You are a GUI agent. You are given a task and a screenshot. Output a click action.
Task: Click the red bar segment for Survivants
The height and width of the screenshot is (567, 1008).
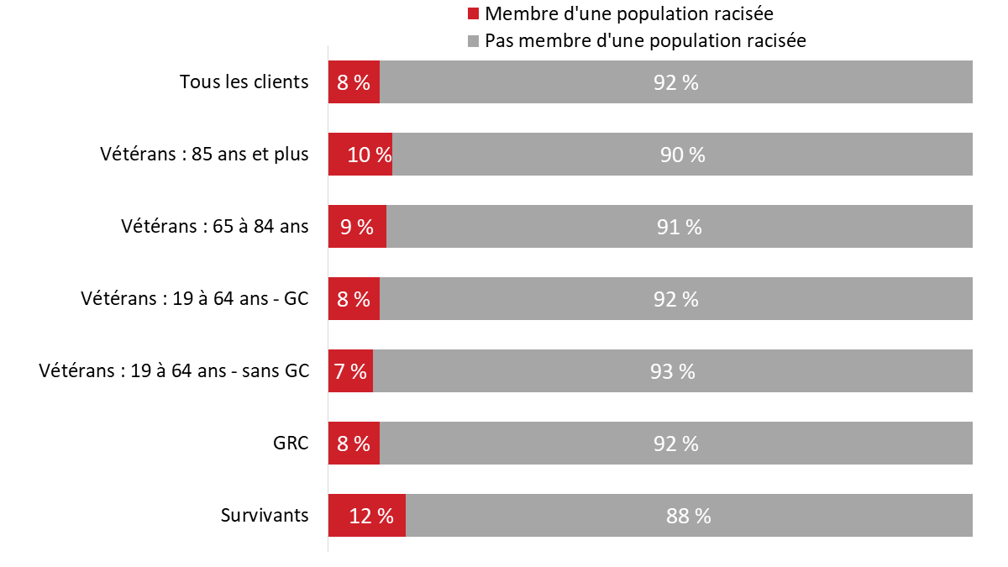[x=367, y=516]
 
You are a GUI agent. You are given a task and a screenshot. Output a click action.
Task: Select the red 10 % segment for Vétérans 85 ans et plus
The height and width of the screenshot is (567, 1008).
[x=360, y=155]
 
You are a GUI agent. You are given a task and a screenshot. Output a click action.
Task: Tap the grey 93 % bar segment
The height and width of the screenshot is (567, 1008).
[x=672, y=371]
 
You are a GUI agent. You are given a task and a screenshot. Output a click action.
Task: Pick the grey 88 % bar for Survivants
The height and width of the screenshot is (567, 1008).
[x=689, y=516]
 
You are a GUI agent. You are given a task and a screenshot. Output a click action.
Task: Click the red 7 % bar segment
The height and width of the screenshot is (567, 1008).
[x=350, y=371]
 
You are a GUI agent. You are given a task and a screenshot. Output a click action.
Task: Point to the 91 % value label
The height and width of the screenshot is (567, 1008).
[x=679, y=227]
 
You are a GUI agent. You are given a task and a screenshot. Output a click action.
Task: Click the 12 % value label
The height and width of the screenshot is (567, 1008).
[x=371, y=516]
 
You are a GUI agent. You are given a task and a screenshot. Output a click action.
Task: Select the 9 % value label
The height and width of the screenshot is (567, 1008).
[x=356, y=227]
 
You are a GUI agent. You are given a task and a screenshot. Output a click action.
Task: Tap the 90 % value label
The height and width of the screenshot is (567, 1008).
[x=682, y=155]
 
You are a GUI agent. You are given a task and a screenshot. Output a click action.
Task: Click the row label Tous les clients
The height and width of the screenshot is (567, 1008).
[x=244, y=82]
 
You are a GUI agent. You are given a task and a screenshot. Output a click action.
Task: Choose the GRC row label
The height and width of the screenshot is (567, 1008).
[x=291, y=444]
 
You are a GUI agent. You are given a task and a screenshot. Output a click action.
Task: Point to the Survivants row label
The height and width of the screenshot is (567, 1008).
[x=265, y=516]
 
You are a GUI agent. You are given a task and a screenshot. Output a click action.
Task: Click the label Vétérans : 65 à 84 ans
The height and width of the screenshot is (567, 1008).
[x=214, y=227]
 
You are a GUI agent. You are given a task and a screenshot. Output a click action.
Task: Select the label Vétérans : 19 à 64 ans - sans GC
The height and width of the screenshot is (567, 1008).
[x=174, y=371]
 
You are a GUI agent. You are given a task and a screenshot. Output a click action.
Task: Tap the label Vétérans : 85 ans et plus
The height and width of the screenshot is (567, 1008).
[x=204, y=155]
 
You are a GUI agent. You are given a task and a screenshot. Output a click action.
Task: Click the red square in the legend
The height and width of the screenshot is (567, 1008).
[x=473, y=14]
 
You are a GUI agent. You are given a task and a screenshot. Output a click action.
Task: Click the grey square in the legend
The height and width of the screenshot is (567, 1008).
[x=473, y=41]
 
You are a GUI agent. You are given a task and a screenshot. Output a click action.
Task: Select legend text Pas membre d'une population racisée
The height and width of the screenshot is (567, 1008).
[x=645, y=41]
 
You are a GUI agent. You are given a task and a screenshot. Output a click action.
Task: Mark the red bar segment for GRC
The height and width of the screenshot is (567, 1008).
[x=354, y=444]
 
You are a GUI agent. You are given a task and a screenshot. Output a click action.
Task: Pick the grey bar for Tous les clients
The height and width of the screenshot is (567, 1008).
[x=676, y=82]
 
